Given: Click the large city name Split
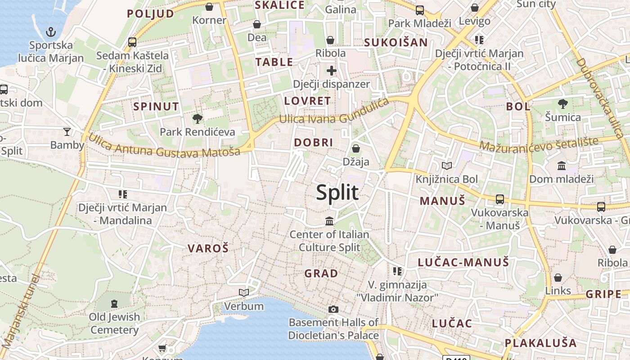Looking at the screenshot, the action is pyautogui.click(x=337, y=193).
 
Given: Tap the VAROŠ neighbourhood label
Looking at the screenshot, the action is pyautogui.click(x=208, y=248).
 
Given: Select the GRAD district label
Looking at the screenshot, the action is pyautogui.click(x=321, y=273).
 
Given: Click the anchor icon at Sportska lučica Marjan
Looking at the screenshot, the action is pyautogui.click(x=51, y=32).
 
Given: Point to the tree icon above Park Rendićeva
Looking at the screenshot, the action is pyautogui.click(x=197, y=119).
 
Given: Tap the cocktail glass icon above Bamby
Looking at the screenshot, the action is pyautogui.click(x=67, y=131).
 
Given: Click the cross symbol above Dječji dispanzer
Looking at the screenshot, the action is pyautogui.click(x=332, y=71).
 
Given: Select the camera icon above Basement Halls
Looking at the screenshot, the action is pyautogui.click(x=333, y=309).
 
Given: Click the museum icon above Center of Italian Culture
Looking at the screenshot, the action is pyautogui.click(x=329, y=221).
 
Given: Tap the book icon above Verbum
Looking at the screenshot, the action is pyautogui.click(x=244, y=292).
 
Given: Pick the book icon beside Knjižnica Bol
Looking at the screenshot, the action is pyautogui.click(x=446, y=166).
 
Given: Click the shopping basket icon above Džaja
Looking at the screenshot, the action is pyautogui.click(x=356, y=148).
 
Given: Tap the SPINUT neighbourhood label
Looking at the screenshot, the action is pyautogui.click(x=156, y=107).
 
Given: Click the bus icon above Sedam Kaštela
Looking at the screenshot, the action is pyautogui.click(x=132, y=42).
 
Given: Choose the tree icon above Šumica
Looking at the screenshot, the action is pyautogui.click(x=562, y=104).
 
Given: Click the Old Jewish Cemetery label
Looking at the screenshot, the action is pyautogui.click(x=114, y=323).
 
